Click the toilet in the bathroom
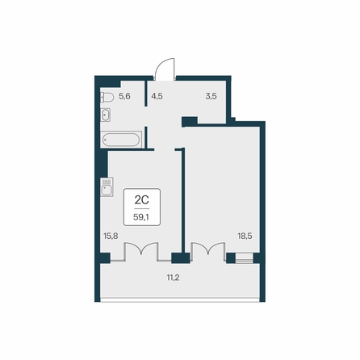click(x=107, y=97)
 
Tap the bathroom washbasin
click(x=105, y=115)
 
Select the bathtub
click(x=121, y=140)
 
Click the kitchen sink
click(x=107, y=187)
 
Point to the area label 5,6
click(x=124, y=96)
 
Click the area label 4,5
click(x=157, y=96)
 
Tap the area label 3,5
click(x=211, y=96)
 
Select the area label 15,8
click(x=111, y=237)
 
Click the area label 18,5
click(x=245, y=237)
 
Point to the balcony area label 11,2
click(x=173, y=278)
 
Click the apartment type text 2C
click(x=142, y=200)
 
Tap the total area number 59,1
click(x=141, y=217)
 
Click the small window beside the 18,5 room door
click(x=245, y=258)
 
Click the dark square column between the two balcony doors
click(x=181, y=258)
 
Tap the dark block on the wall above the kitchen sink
click(x=104, y=164)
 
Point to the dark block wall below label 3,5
click(x=190, y=121)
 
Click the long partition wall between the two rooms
click(x=183, y=200)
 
